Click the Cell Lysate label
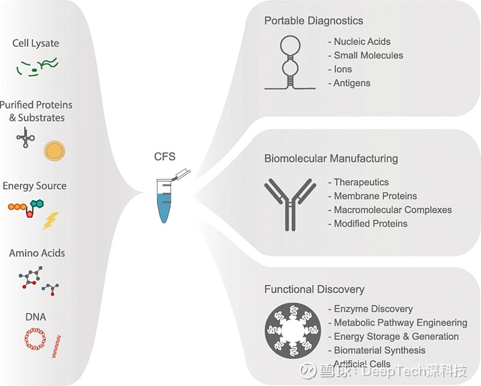(35, 43)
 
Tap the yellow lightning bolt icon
(51, 221)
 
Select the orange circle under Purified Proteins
(54, 151)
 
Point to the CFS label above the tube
(165, 156)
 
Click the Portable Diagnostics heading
(313, 21)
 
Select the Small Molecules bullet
(366, 55)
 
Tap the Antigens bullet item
(349, 83)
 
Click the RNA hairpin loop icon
(290, 63)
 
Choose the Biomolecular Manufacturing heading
(331, 159)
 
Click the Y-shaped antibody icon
(290, 204)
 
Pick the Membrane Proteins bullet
(372, 196)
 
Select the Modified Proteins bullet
(367, 224)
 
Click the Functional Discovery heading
(314, 289)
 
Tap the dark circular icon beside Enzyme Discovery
(293, 331)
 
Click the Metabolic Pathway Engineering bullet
(397, 323)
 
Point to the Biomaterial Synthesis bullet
(377, 351)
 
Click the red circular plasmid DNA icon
(35, 339)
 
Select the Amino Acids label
(37, 254)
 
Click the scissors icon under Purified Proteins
(25, 138)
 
